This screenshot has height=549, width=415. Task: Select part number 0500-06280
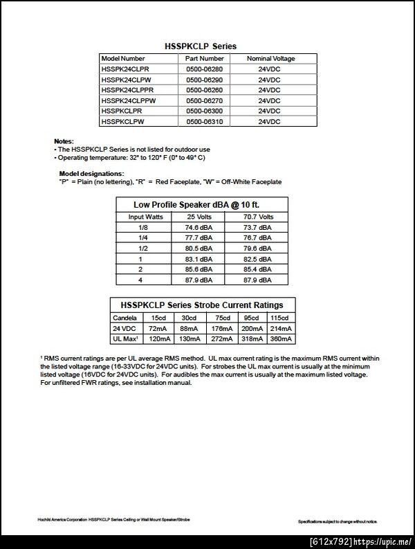pos(205,69)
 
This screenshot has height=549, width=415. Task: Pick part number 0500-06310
pos(205,121)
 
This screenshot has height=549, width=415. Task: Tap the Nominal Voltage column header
pos(270,59)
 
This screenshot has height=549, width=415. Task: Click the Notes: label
pos(64,141)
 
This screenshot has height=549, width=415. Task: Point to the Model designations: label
pos(91,173)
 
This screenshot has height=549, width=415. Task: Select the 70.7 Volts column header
pos(257,217)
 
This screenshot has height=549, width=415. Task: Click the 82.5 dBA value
pos(257,258)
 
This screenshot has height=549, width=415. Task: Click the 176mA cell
pos(223,328)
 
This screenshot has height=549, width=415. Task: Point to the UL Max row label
pos(127,339)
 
